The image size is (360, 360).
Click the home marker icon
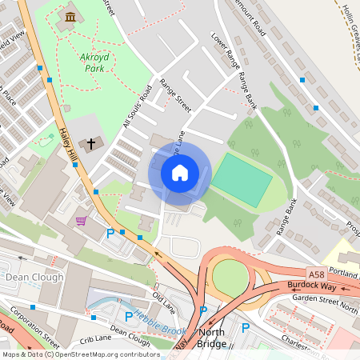[x=179, y=173]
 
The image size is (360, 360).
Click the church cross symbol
[x=91, y=144]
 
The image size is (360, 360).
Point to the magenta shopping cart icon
[x=81, y=220]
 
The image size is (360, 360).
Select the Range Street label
[x=175, y=95]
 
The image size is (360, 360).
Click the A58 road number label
[x=317, y=272]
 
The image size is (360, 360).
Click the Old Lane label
[x=164, y=302]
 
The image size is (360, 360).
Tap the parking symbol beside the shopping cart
[x=110, y=234]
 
